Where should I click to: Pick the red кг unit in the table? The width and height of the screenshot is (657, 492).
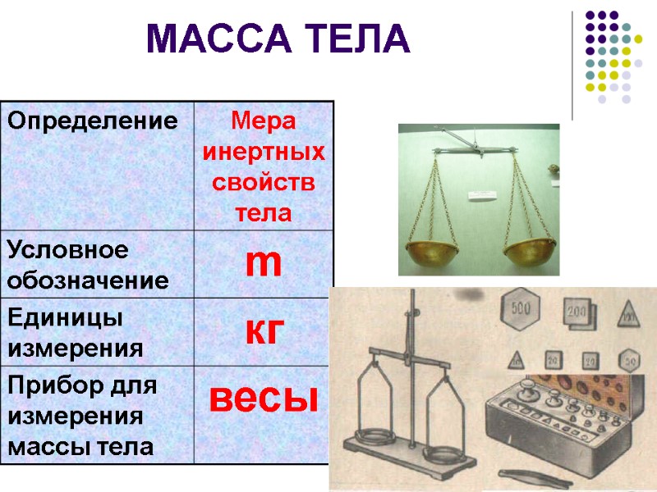pos(264,330)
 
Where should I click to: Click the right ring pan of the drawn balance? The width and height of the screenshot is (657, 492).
pos(447,454)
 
